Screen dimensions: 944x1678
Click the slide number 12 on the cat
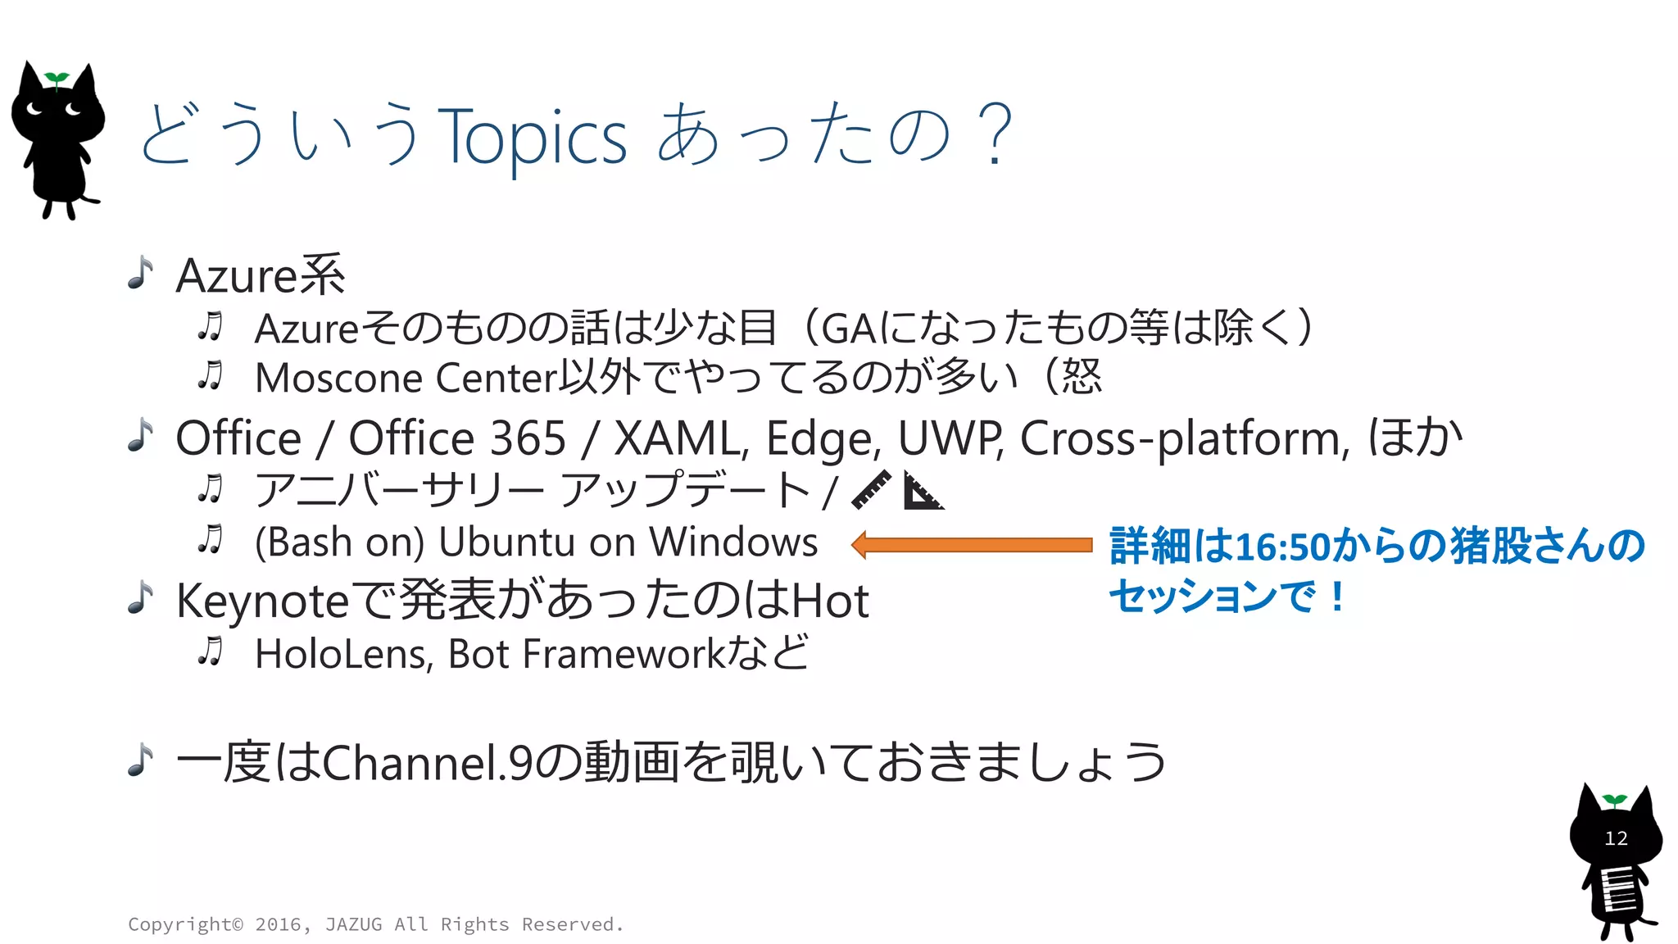click(1616, 838)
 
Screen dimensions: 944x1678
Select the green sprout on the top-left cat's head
click(57, 79)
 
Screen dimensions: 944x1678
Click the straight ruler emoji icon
click(871, 490)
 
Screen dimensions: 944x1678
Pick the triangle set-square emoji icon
click(923, 491)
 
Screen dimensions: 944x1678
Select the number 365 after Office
click(528, 438)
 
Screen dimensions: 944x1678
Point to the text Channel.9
click(429, 763)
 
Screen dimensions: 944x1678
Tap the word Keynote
click(263, 601)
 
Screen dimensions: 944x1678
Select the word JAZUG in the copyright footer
click(353, 924)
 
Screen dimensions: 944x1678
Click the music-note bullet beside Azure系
click(141, 273)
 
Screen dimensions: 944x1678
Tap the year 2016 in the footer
click(279, 924)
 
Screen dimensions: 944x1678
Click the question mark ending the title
click(995, 135)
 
